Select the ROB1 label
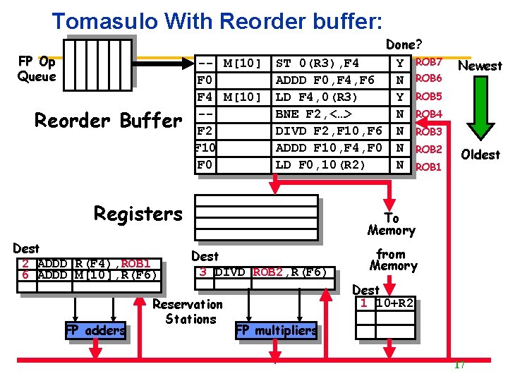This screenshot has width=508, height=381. [428, 167]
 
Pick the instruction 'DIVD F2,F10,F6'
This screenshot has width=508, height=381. [328, 131]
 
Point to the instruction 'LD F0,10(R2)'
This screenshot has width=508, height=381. [320, 165]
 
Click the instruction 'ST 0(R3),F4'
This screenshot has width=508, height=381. [317, 64]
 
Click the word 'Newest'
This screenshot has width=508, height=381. [480, 66]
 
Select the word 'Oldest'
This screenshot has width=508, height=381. [480, 155]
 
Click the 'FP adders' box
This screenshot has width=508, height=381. [95, 330]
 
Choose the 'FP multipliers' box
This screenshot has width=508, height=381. [276, 330]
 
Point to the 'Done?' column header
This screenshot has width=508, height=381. [401, 45]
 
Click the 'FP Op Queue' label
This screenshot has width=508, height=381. [37, 69]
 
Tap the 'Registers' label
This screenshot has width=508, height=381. [138, 214]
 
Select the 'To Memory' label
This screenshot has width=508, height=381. [391, 224]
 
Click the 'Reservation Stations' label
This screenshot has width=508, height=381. [188, 311]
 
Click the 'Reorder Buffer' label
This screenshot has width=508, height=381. [108, 121]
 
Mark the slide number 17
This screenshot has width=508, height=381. [459, 365]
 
